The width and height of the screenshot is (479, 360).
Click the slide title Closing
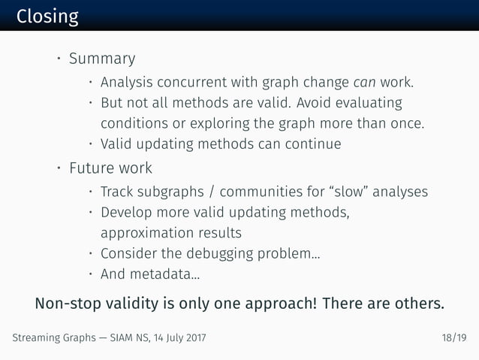pos(47,16)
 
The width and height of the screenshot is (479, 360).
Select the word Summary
pos(102,59)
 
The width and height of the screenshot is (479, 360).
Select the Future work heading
pos(110,168)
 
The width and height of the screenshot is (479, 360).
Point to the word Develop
pos(128,212)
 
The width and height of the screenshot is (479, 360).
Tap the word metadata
pos(167,274)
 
